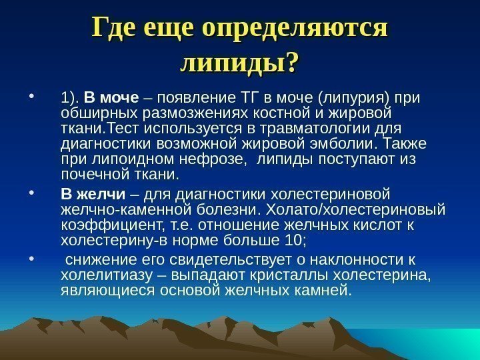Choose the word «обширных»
[x=93, y=115]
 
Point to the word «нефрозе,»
[x=216, y=160]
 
